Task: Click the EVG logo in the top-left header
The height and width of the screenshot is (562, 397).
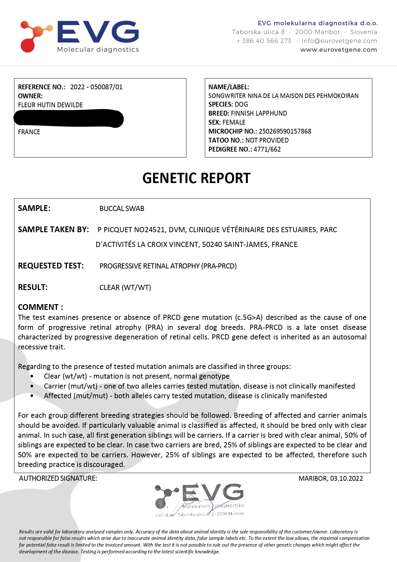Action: click(x=80, y=36)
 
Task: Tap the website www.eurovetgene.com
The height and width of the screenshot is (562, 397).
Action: click(x=338, y=50)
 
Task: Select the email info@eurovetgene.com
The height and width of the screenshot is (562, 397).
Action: click(x=339, y=41)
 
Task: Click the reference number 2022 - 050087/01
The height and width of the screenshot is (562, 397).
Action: click(x=96, y=87)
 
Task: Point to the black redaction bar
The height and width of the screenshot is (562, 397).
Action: click(x=69, y=118)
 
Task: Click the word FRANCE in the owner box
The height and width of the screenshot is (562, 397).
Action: click(x=29, y=132)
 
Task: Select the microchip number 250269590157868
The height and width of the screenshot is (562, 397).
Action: click(x=285, y=131)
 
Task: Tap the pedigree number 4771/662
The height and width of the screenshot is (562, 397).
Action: click(x=267, y=149)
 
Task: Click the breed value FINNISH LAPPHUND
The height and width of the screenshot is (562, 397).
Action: click(x=259, y=113)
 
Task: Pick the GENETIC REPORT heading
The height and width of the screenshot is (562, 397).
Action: click(x=196, y=178)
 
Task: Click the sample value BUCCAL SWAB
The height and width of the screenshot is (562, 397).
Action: click(x=122, y=209)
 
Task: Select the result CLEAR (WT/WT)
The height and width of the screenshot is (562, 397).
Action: click(x=125, y=287)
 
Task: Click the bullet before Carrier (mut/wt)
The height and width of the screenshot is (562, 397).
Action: click(x=32, y=386)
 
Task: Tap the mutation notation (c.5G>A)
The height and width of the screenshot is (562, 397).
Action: click(x=249, y=318)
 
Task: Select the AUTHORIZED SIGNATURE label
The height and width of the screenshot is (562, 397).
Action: click(x=58, y=479)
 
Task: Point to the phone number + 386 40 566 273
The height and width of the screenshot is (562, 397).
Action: click(x=264, y=41)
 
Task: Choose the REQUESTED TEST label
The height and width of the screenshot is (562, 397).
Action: click(x=51, y=266)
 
